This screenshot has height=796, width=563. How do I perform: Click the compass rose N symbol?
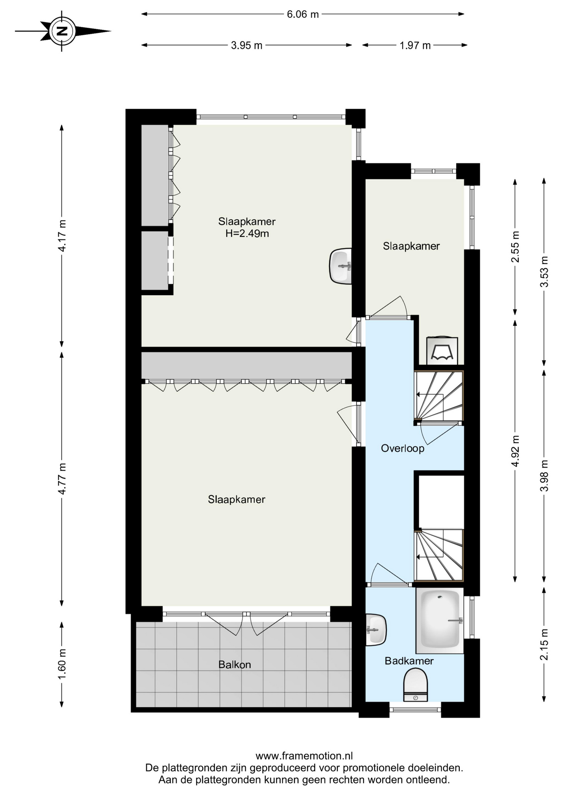(x=62, y=31)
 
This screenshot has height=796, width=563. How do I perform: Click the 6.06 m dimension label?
(x=303, y=14)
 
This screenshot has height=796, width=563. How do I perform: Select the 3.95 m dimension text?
(x=247, y=45)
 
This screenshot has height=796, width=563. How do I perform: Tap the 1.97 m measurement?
(x=415, y=45)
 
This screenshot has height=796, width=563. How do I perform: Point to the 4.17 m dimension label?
(x=62, y=236)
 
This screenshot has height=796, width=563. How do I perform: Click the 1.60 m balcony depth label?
(x=62, y=664)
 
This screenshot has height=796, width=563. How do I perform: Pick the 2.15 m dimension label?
(x=544, y=644)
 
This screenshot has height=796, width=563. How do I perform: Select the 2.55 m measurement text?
(x=515, y=247)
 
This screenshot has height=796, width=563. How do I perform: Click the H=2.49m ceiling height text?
(x=247, y=233)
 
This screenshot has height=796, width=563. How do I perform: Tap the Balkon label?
(x=235, y=665)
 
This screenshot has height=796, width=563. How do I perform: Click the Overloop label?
(x=403, y=448)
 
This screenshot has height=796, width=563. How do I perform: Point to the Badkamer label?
(x=409, y=661)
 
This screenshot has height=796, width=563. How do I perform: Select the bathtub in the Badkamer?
(x=440, y=621)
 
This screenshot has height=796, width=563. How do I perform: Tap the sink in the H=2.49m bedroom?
(x=340, y=266)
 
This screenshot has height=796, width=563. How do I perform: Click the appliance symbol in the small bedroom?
(x=442, y=351)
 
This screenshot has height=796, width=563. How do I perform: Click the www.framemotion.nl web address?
(x=304, y=756)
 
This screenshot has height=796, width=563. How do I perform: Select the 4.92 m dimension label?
(x=515, y=451)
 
